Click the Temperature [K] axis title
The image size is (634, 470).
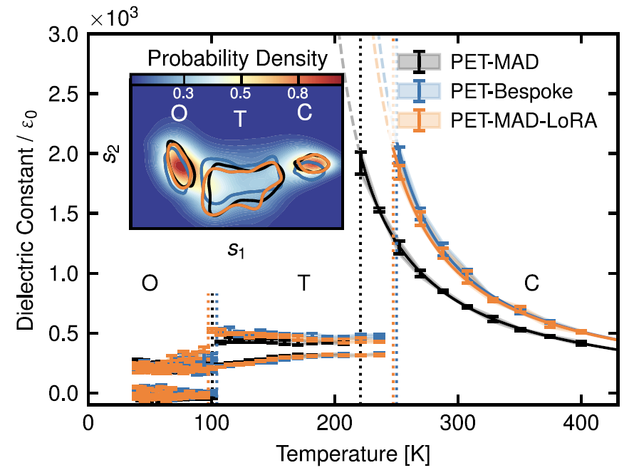pos(353,453)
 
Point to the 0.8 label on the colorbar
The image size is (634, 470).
pos(298,93)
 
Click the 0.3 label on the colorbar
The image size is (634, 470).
pos(184,93)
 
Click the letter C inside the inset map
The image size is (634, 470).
pos(304,114)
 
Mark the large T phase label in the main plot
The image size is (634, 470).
pos(303,283)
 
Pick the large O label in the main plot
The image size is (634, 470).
pos(150,283)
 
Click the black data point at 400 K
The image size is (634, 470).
pos(581,343)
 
